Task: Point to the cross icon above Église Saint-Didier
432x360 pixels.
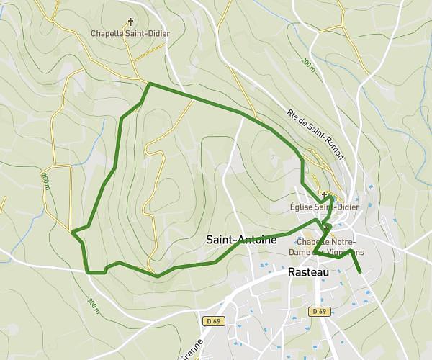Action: pos(325,195)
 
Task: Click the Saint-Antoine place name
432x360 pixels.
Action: pos(240,240)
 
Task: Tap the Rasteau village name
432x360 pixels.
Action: pos(307,273)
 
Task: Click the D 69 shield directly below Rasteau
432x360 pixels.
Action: pos(320,312)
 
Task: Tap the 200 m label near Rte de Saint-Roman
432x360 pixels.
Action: pos(309,66)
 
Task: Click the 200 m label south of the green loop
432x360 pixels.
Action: pos(93,305)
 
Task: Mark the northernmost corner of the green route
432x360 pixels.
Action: pos(149,84)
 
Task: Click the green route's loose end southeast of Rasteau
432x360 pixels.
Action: pos(359,273)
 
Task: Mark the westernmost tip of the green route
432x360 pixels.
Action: pos(73,232)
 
